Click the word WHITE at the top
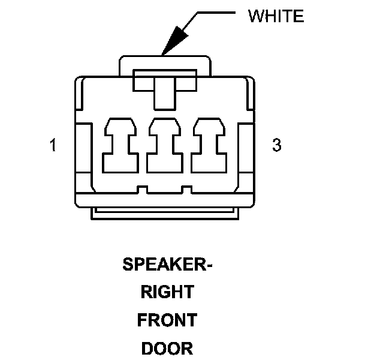[x=276, y=16]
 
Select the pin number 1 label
[x=53, y=146]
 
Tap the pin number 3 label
[x=276, y=146]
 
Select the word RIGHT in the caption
[x=167, y=293]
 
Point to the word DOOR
[x=167, y=349]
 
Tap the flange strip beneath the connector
[x=165, y=213]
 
